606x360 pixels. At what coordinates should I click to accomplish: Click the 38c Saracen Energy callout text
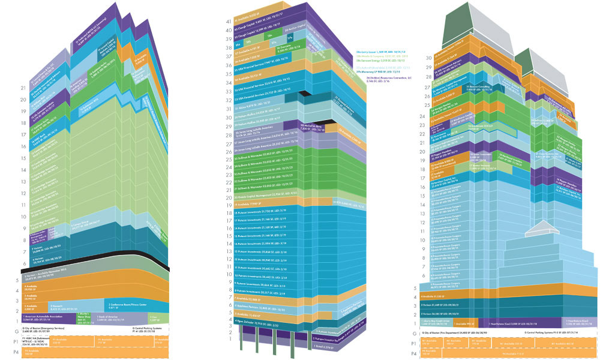coord(379,61)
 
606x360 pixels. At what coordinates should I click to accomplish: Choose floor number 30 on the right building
coord(428,58)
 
